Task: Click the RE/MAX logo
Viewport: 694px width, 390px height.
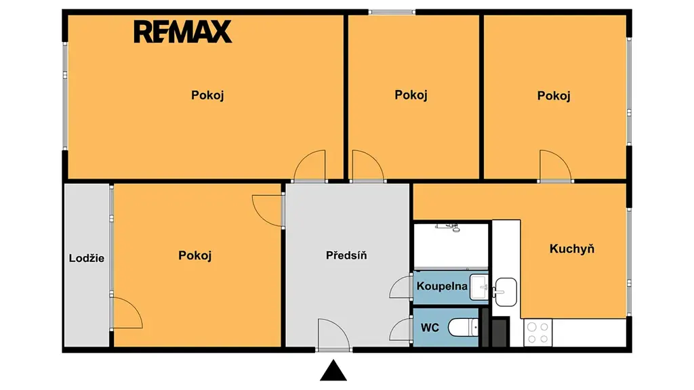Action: pos(183,32)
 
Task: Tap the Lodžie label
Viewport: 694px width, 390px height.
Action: pos(87,258)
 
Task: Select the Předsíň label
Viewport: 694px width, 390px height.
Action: pos(346,255)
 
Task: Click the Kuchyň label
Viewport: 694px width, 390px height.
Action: pos(572,249)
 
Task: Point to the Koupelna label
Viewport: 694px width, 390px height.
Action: pos(442,286)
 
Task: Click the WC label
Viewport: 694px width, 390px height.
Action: pos(430,328)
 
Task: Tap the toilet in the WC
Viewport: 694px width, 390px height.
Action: pos(463,328)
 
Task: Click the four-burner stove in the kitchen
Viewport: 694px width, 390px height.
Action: pos(537,333)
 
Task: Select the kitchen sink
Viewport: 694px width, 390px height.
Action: pos(506,292)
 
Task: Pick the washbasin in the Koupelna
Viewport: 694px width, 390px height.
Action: pos(479,287)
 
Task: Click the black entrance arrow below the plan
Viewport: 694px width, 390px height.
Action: pos(333,370)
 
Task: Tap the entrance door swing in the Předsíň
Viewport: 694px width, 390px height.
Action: pos(333,334)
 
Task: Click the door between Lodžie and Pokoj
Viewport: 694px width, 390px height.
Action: pos(127,313)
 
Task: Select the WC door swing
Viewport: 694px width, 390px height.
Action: pos(401,330)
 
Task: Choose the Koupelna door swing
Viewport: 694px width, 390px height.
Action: pos(401,287)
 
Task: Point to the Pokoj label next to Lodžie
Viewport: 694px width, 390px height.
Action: pos(195,255)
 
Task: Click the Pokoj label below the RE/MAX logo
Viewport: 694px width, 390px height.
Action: pos(207,95)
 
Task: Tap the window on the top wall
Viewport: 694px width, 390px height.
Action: pos(392,12)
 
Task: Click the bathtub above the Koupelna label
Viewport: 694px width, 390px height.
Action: pos(451,246)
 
